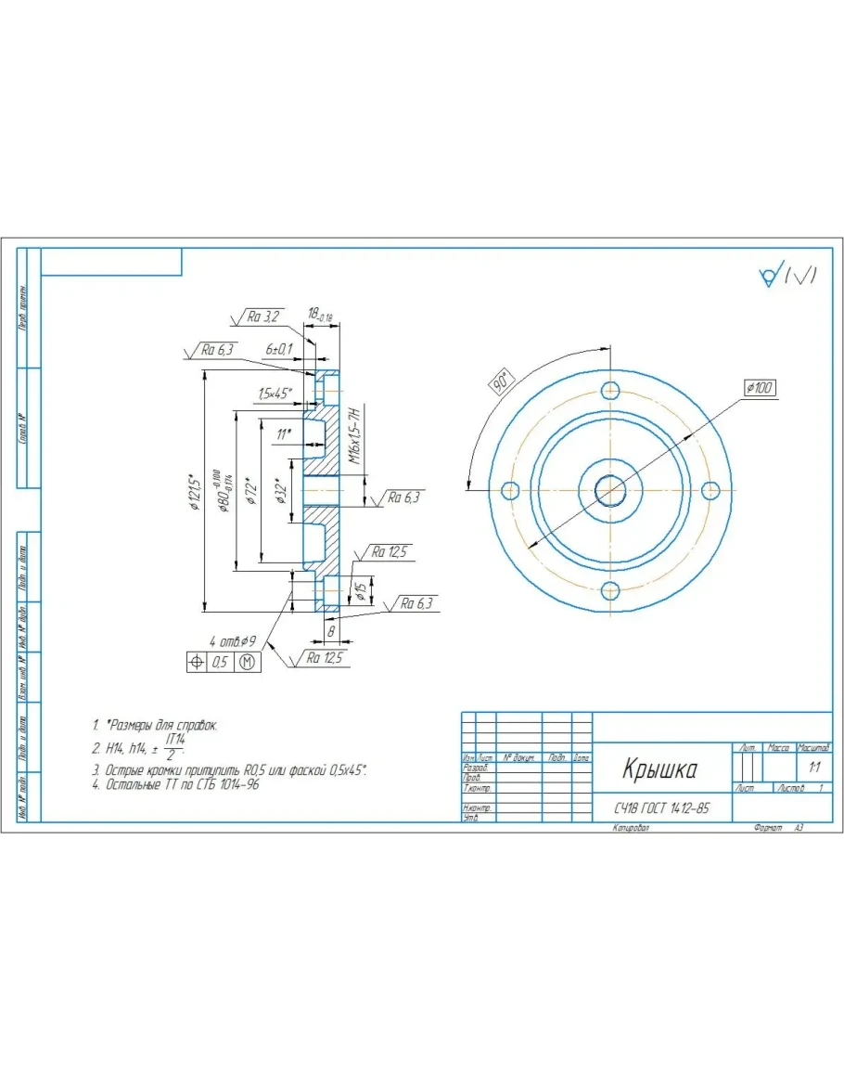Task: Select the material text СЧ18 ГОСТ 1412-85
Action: coord(660,808)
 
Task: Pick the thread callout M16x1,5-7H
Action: coord(353,434)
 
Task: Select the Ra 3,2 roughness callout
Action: coord(262,316)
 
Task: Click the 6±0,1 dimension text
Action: coord(278,349)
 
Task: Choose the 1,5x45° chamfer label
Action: coord(275,394)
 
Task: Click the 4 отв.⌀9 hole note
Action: coord(233,641)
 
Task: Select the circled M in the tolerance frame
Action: coord(248,662)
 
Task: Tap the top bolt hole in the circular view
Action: coord(610,390)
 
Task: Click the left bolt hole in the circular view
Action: coord(509,490)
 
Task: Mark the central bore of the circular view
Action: coord(610,489)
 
